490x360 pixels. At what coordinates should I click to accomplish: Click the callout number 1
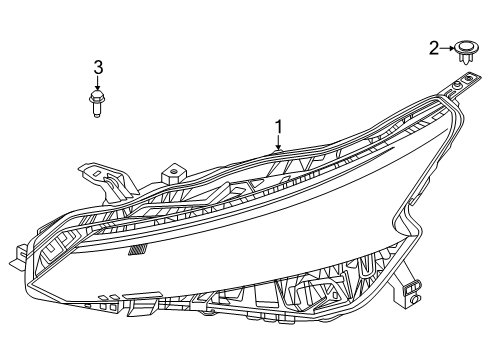point(279,126)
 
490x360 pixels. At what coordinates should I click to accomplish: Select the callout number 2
point(434,47)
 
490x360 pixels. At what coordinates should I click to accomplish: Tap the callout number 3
point(98,67)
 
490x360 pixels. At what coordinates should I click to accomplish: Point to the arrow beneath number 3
point(98,83)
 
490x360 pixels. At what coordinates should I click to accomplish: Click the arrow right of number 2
point(447,47)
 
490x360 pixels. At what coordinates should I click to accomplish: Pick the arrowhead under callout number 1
point(280,147)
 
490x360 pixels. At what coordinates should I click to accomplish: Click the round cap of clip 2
point(466,46)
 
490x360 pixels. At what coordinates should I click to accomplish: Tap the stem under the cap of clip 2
point(466,57)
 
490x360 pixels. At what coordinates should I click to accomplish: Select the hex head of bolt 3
point(98,98)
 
